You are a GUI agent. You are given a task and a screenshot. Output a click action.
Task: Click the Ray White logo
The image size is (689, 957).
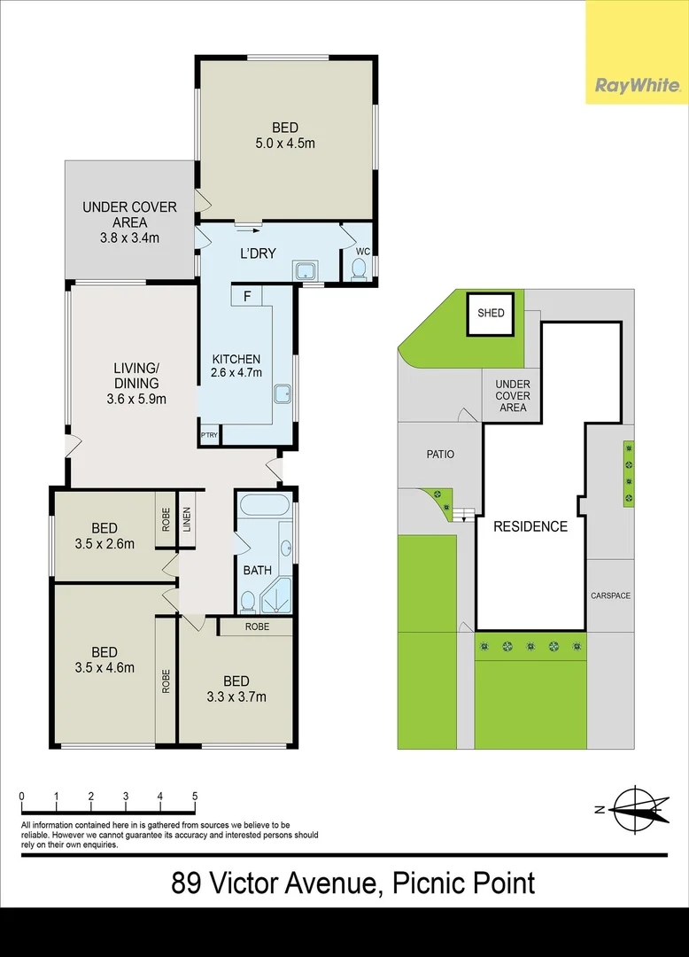637,86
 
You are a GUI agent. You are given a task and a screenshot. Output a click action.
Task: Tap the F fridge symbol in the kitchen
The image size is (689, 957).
247,295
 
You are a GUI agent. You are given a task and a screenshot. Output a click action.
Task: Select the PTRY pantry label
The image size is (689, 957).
209,435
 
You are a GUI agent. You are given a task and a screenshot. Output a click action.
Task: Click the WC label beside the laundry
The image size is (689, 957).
361,252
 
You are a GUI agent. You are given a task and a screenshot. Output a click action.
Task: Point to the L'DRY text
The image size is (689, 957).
259,253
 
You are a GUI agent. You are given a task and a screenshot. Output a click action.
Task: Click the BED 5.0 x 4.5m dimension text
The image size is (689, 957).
285,143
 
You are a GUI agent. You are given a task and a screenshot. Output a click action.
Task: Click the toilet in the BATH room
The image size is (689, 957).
249,602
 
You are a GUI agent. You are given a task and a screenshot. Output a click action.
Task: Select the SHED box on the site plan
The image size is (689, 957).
491,313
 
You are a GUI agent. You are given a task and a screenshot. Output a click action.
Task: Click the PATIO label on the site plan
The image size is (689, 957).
440,455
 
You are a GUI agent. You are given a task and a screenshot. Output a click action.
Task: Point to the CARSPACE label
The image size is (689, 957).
610,595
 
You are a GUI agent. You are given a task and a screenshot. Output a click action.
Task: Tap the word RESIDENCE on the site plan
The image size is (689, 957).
530,526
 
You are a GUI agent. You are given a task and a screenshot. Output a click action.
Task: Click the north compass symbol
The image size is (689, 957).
635,809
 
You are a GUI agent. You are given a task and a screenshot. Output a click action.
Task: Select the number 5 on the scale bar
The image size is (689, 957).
194,797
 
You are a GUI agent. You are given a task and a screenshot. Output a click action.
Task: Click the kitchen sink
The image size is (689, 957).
283,394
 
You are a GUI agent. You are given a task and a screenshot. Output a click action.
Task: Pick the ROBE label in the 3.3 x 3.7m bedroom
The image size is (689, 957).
257,626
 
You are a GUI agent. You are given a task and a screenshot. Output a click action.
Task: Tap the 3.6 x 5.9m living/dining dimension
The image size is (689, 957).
135,399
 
